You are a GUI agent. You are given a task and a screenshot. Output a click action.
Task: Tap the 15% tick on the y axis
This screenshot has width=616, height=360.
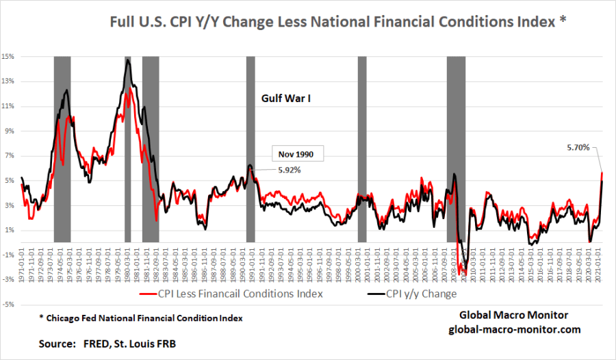[x=9, y=57]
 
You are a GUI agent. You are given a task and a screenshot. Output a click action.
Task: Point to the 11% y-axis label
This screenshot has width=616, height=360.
[x=9, y=106]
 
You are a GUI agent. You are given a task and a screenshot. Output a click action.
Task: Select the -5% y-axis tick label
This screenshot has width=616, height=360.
[x=9, y=304]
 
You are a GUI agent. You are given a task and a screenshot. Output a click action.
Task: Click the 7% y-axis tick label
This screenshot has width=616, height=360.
[x=9, y=155]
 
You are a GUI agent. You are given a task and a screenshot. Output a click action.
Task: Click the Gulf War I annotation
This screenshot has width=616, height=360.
[x=287, y=98]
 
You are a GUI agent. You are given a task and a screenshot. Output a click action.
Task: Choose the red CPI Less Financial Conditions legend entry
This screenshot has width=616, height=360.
[x=234, y=294]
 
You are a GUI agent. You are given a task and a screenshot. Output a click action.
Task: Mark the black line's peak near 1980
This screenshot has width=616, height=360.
[x=128, y=60]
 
